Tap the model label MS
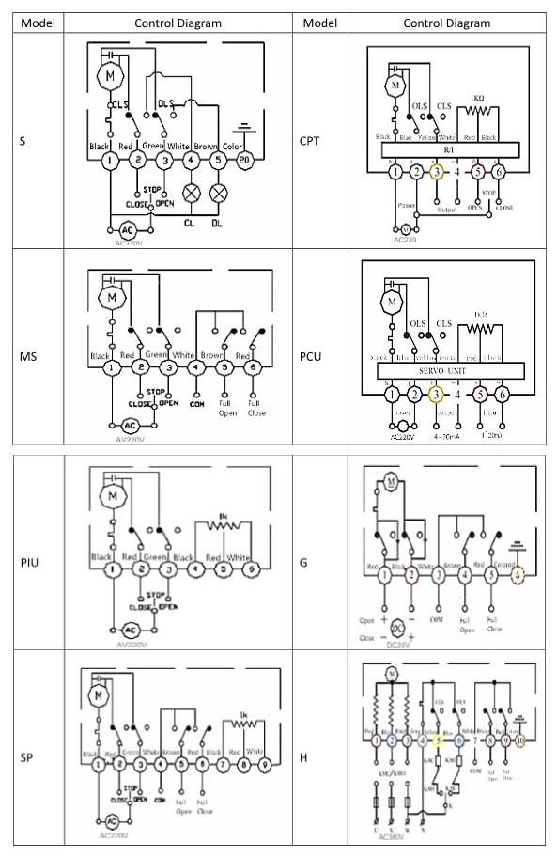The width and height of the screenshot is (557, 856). (x=30, y=356)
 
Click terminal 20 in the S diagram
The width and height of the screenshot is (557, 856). (x=244, y=161)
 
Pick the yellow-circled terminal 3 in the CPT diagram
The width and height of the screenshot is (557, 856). (x=436, y=172)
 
